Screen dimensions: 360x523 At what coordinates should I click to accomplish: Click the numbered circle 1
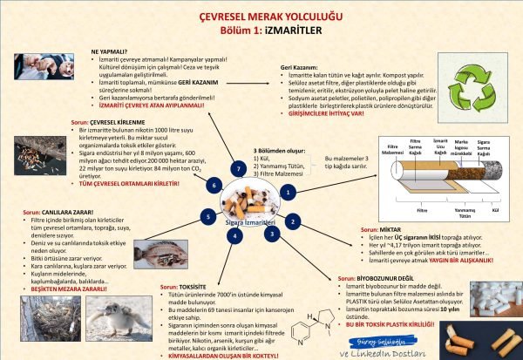point(289,190)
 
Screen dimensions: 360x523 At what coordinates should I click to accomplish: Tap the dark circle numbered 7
point(237,166)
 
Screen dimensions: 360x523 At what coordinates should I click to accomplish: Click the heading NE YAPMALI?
point(111,51)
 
